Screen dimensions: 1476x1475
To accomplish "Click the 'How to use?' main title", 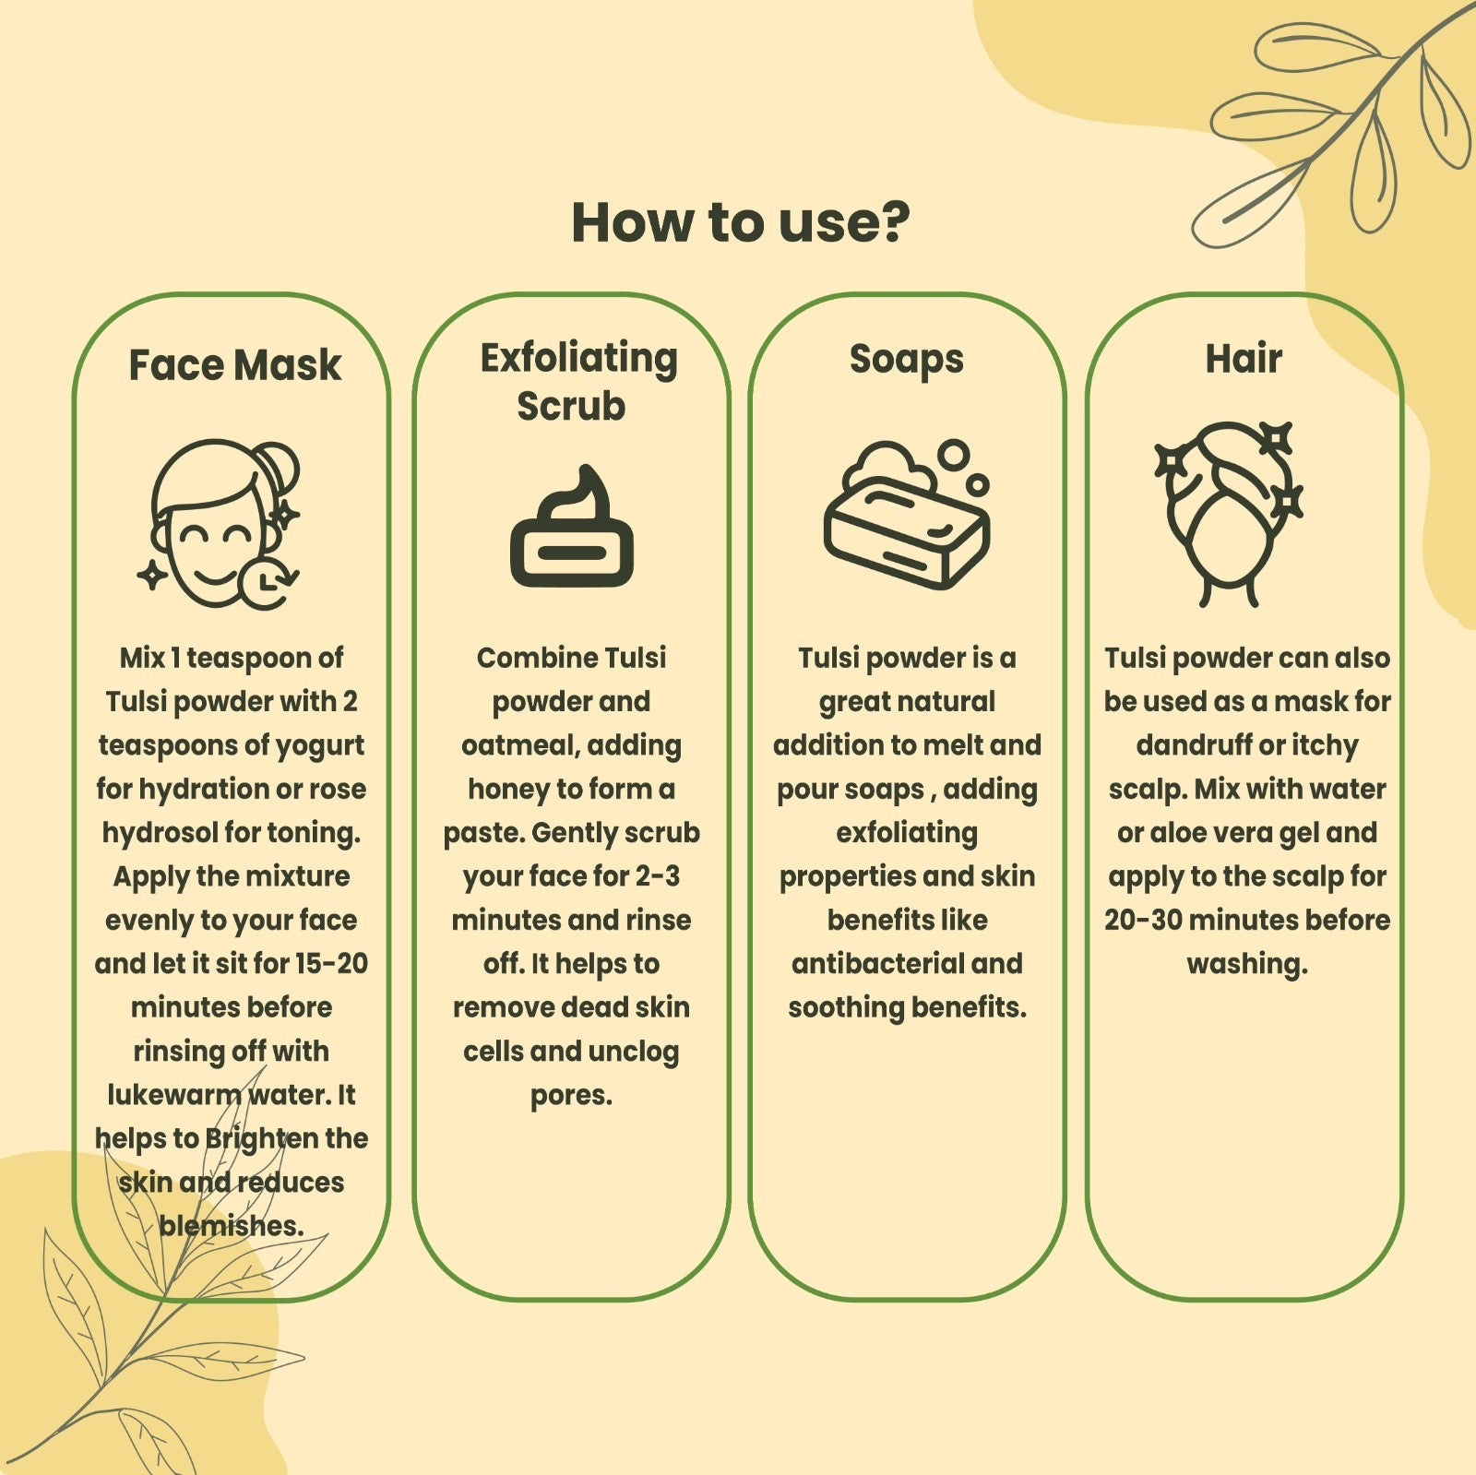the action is [740, 222].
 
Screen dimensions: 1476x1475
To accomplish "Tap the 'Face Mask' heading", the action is [234, 364].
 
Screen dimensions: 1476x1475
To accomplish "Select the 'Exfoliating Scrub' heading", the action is [577, 381].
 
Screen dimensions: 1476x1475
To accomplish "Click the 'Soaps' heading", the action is [907, 359].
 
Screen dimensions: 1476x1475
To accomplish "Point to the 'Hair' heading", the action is [1244, 358].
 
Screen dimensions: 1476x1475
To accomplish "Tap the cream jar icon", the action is [572, 527].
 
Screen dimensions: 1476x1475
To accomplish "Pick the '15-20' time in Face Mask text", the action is [331, 963].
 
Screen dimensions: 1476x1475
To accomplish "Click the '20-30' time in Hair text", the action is [1142, 920].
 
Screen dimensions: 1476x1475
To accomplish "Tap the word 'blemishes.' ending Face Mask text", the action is [232, 1225].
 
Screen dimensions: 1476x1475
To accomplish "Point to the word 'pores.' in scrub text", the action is [571, 1096].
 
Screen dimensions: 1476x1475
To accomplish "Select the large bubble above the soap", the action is [953, 455].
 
